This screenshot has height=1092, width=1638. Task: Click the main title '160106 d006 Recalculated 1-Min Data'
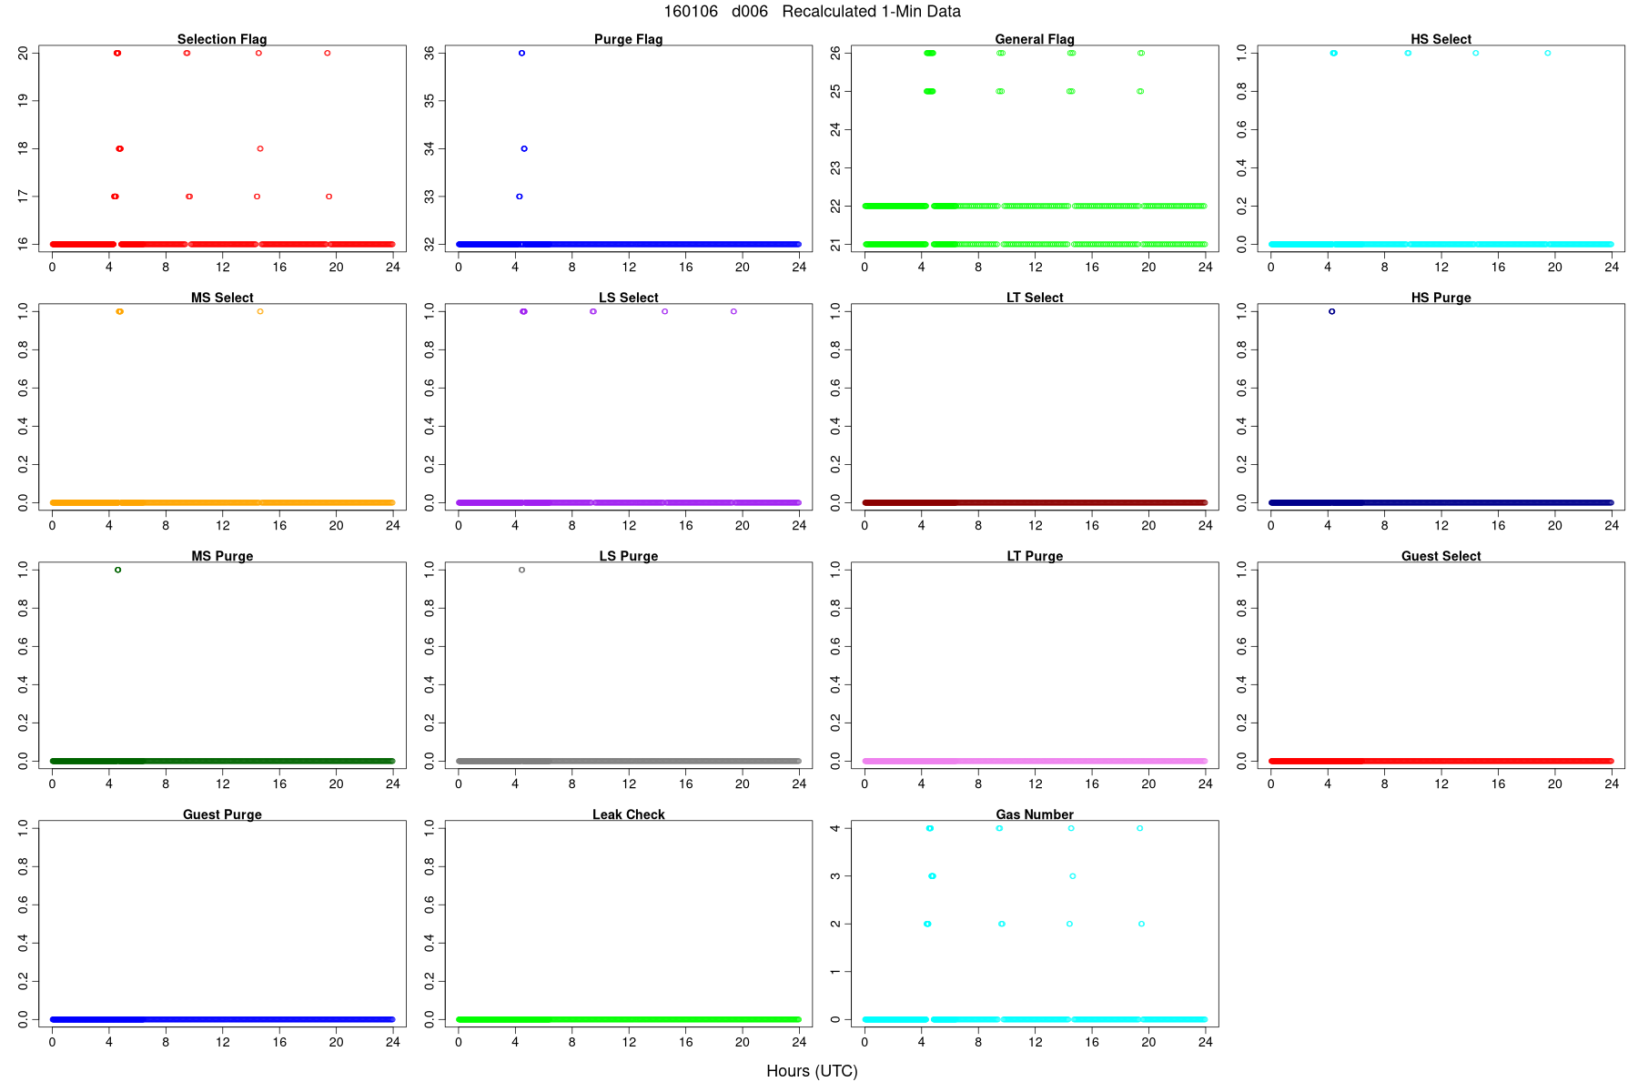point(812,12)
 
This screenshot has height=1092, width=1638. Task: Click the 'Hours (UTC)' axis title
point(812,1071)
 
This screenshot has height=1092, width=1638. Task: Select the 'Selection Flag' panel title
point(222,39)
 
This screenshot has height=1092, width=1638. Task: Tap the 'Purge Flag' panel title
point(628,39)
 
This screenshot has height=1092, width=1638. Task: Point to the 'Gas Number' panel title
point(1035,814)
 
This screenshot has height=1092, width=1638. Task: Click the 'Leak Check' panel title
point(628,814)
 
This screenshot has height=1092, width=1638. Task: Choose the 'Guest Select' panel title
point(1441,556)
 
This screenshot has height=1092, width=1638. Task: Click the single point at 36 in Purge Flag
point(521,53)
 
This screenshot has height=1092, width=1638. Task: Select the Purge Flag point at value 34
point(524,148)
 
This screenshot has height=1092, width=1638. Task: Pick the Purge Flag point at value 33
point(520,197)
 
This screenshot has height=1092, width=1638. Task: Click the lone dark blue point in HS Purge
point(1332,311)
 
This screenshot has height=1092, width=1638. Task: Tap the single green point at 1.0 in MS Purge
point(118,570)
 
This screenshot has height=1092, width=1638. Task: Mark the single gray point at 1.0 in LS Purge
point(521,570)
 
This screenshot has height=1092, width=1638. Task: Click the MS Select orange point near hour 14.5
point(260,311)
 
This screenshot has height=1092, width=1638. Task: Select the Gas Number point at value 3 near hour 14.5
point(1073,876)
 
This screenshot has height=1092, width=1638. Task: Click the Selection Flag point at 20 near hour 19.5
point(328,53)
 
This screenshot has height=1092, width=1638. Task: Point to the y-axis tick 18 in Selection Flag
point(24,148)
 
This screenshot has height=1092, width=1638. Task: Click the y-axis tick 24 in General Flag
point(836,129)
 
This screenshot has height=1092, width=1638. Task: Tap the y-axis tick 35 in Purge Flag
point(430,101)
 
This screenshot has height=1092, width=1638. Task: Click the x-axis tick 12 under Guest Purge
point(223,1042)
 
